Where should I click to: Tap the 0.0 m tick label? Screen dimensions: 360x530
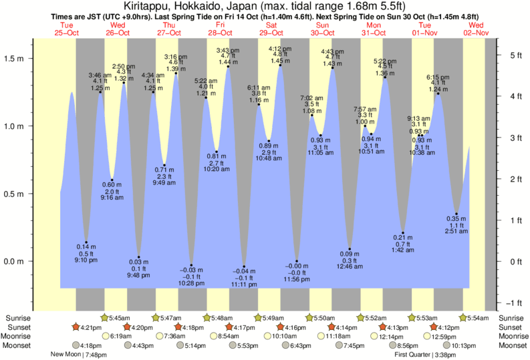pyautogui.click(x=15, y=261)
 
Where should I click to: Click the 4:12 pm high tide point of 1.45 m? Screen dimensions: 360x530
pyautogui.click(x=280, y=65)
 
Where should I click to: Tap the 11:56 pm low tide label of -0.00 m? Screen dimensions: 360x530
pyautogui.click(x=297, y=272)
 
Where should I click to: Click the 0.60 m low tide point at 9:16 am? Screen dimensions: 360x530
pyautogui.click(x=112, y=180)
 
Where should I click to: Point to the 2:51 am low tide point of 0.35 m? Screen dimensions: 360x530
pyautogui.click(x=456, y=214)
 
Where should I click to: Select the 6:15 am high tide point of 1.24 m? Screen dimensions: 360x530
pyautogui.click(x=438, y=94)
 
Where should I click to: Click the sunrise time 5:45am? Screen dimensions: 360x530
pyautogui.click(x=118, y=319)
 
